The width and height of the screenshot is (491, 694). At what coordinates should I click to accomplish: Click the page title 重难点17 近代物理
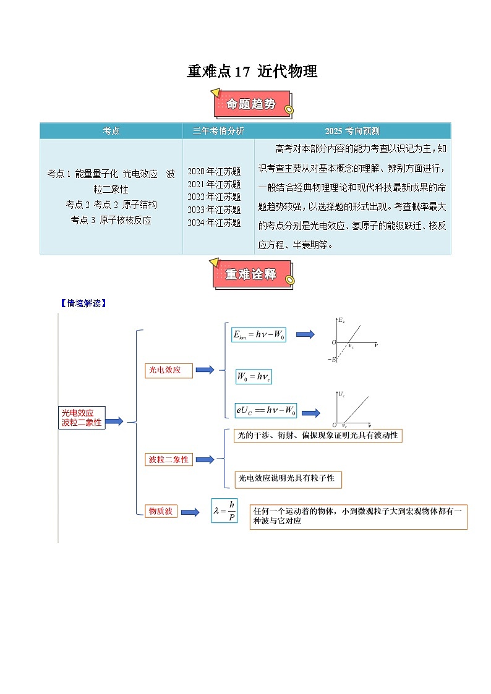tap(252, 72)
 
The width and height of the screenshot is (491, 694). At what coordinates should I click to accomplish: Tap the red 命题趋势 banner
tap(250, 104)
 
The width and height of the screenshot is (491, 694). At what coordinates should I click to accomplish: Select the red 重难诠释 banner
tap(250, 274)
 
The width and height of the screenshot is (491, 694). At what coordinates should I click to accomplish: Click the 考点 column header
tap(111, 131)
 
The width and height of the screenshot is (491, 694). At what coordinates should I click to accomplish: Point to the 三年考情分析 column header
tap(218, 131)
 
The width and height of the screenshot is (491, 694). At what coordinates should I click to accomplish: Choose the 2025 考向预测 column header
tap(352, 131)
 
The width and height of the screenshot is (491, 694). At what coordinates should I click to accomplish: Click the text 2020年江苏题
tap(214, 171)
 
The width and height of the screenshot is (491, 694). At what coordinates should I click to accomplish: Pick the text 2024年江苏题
tap(214, 222)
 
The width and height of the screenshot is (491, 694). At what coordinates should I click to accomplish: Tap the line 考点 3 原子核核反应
tap(111, 219)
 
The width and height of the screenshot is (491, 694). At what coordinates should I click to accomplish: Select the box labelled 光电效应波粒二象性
tap(82, 417)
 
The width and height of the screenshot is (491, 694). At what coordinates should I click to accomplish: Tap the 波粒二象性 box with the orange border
tap(168, 460)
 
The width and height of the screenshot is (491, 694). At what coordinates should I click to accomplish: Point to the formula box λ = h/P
tap(224, 510)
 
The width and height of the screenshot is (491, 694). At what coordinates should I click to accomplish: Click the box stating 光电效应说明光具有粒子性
tap(288, 478)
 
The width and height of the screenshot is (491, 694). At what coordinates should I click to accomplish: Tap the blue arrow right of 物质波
tap(190, 512)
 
